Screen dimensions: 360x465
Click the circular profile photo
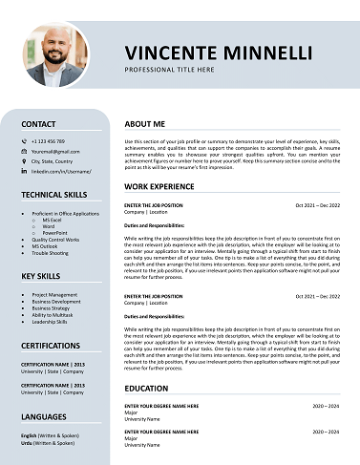[x=55, y=54]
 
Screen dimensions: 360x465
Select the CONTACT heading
[x=38, y=124]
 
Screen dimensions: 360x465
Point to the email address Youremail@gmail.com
[x=53, y=151]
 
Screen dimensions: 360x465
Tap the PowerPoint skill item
[x=55, y=232]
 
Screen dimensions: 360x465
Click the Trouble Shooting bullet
[x=51, y=253]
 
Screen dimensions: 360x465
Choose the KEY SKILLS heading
[x=41, y=276]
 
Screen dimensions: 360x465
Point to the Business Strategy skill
[x=52, y=308]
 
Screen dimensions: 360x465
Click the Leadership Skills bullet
[x=51, y=322]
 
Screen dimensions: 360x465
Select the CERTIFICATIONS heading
[x=51, y=345]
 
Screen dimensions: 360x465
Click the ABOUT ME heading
[x=144, y=124]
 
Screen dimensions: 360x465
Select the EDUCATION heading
[x=146, y=389]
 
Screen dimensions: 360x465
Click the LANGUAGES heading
[x=45, y=417]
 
